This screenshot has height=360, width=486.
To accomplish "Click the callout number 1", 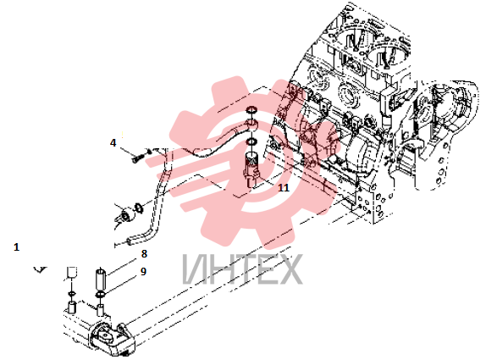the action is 17,247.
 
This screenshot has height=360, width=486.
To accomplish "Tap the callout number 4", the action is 113,142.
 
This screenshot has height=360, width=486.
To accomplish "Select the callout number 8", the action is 144,253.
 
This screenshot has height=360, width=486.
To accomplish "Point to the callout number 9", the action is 143,271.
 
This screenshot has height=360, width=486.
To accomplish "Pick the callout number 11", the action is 284,187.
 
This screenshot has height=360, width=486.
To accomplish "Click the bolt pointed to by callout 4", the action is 137,158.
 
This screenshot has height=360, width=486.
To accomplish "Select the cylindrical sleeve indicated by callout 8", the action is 101,279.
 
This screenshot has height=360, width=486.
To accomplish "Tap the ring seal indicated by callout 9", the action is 101,294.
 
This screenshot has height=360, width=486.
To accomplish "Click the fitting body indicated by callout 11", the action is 251,170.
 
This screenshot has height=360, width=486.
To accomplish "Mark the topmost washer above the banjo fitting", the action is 251,110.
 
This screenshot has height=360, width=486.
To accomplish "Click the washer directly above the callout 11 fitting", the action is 251,142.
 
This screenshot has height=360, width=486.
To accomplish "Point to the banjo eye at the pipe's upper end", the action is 251,125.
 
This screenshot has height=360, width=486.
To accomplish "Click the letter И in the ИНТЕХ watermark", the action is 195,269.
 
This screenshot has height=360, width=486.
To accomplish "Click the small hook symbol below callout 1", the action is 40,269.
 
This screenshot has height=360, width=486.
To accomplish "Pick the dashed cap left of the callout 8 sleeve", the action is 72,273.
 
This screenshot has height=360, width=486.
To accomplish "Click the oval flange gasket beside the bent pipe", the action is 138,208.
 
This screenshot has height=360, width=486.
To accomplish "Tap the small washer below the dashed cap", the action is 72,293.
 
